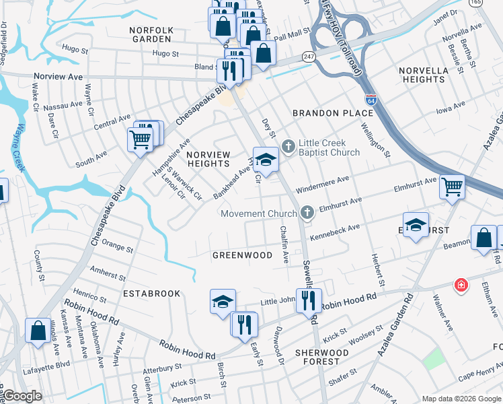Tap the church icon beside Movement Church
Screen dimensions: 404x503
[x=307, y=213]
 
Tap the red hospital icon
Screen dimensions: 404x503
[x=461, y=284]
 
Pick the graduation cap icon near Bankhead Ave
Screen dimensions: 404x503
[x=266, y=160]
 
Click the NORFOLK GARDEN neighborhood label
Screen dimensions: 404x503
[x=153, y=34]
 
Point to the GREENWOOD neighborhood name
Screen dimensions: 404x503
[x=242, y=255]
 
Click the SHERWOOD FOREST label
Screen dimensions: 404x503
[x=321, y=358]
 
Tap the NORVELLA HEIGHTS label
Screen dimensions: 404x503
[x=422, y=75]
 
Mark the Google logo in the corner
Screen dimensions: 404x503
[x=22, y=396]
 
